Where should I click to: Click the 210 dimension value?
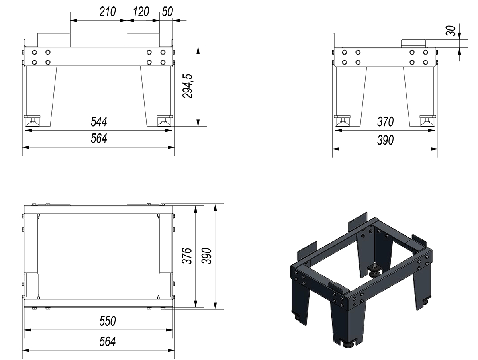(x=108, y=12)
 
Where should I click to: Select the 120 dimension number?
(x=141, y=12)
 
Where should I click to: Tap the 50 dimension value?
(x=167, y=12)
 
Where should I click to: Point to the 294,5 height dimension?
(x=188, y=86)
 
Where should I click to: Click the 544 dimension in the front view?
(x=99, y=122)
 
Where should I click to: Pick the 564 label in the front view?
(x=99, y=139)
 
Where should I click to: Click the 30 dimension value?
(x=451, y=31)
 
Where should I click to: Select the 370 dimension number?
(x=386, y=122)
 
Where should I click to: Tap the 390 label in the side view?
(x=386, y=140)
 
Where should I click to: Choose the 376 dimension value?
(x=187, y=256)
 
